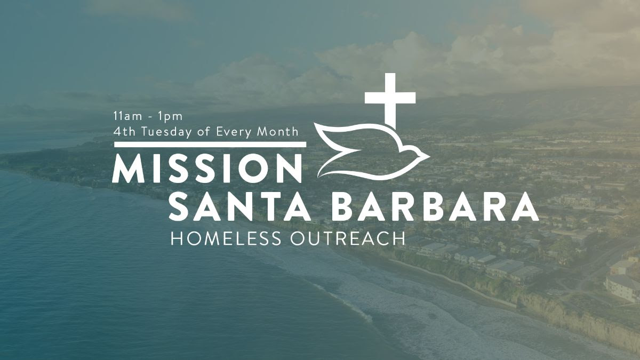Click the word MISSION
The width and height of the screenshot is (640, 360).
207,169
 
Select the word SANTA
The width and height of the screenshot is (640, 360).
240,206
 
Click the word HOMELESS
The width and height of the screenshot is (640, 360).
226,238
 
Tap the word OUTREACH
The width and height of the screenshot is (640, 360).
348,238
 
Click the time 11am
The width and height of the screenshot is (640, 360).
127,116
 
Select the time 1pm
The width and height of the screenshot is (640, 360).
170,117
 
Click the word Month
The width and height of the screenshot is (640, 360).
277,131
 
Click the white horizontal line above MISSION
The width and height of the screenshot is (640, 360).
210,145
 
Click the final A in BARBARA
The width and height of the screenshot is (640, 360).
525,206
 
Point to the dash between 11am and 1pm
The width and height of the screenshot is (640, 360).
150,117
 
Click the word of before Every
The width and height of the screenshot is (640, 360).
204,131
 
